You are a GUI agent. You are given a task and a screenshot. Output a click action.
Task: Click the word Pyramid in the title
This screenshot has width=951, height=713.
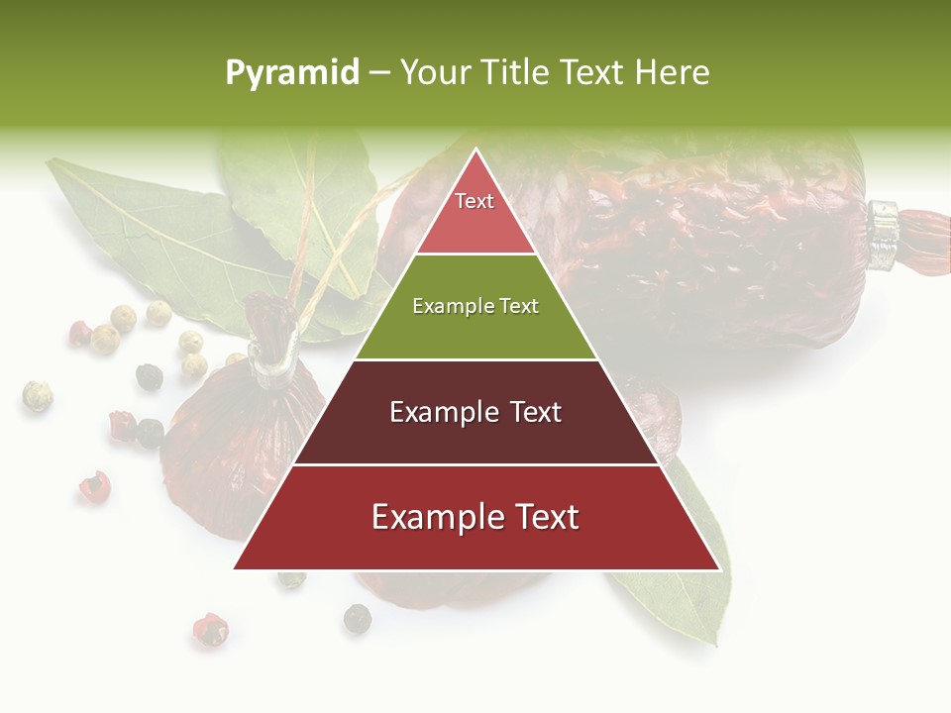click(x=291, y=73)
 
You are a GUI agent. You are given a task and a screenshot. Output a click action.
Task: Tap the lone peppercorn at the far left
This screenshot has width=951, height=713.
click(x=37, y=395)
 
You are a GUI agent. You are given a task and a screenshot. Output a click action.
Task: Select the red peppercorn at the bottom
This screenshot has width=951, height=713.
click(x=209, y=629)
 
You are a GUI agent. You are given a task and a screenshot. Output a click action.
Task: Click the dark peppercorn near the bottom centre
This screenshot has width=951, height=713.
click(x=357, y=619)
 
